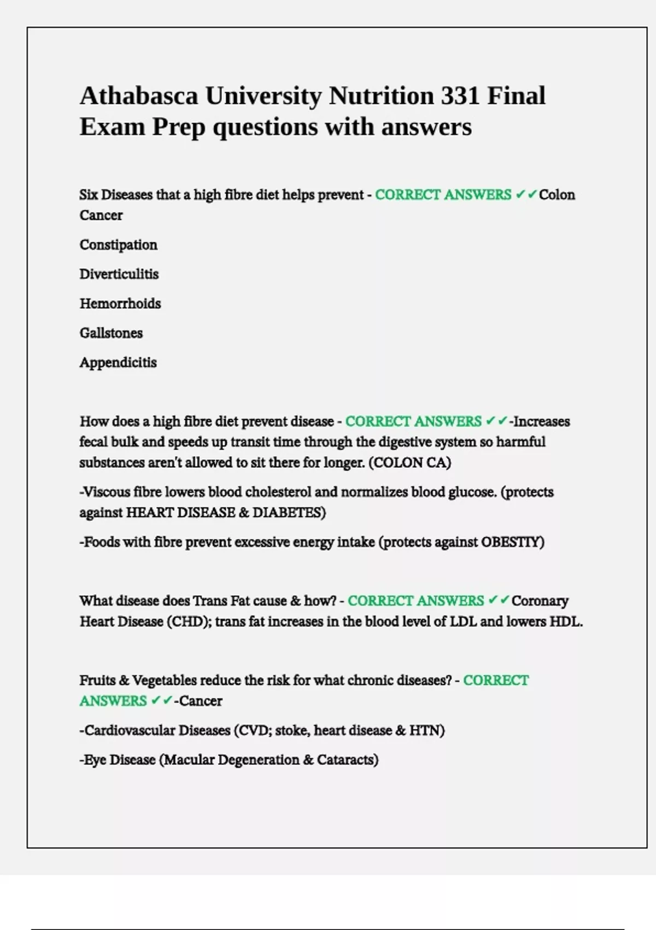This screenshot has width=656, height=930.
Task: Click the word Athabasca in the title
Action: point(139,96)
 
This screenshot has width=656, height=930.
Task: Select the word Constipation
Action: point(119,245)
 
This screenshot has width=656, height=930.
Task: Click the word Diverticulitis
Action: point(119,274)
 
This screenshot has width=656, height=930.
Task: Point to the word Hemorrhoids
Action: point(120,304)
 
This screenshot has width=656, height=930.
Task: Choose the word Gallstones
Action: point(111,333)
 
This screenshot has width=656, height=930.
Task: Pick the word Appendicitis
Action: point(118,363)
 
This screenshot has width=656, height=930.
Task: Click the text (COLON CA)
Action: point(410,463)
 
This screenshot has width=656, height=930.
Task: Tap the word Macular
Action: point(188,760)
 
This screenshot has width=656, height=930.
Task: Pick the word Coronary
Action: point(540,601)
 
